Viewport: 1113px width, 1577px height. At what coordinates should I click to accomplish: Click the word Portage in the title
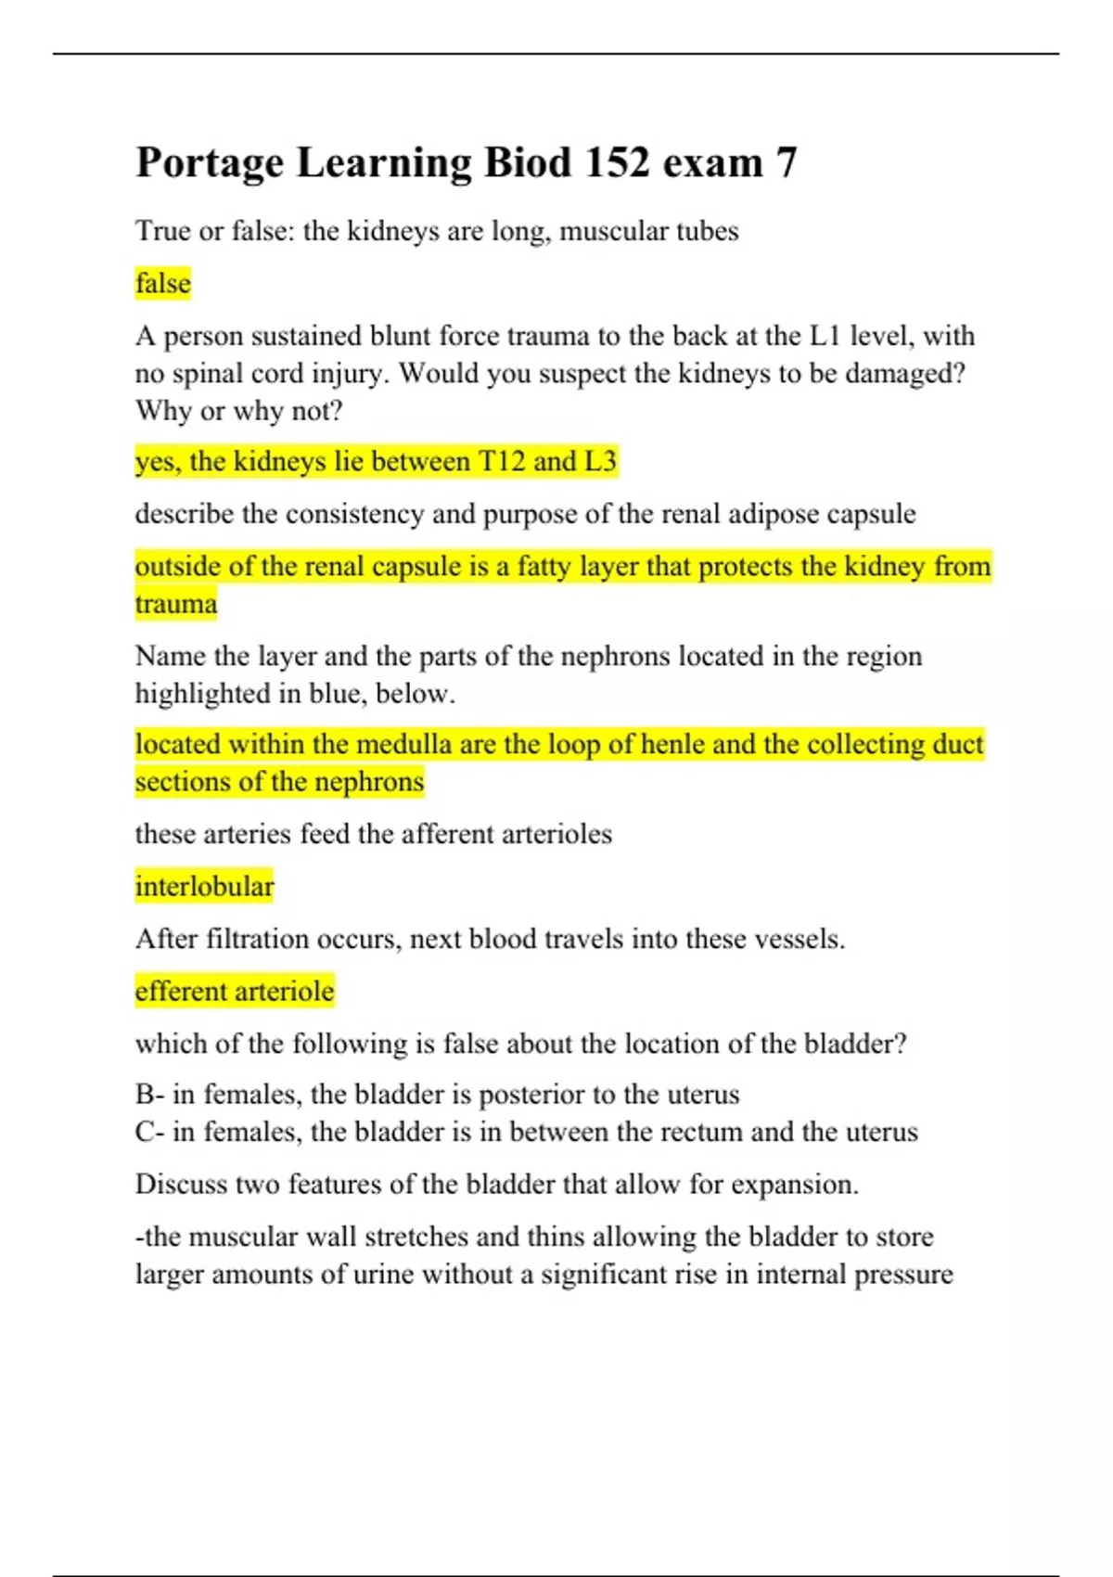(x=210, y=164)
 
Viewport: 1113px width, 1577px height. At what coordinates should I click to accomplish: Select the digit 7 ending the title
(x=787, y=162)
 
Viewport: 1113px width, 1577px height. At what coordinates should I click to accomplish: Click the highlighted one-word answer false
(x=163, y=283)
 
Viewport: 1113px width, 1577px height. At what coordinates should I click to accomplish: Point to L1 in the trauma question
(x=824, y=336)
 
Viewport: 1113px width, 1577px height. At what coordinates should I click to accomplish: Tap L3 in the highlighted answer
(x=599, y=461)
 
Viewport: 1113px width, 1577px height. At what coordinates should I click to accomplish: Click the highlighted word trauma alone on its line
(x=176, y=604)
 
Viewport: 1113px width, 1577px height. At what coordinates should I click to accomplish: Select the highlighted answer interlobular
(x=204, y=887)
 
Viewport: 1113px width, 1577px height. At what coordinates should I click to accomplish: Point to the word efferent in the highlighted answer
(x=180, y=991)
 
